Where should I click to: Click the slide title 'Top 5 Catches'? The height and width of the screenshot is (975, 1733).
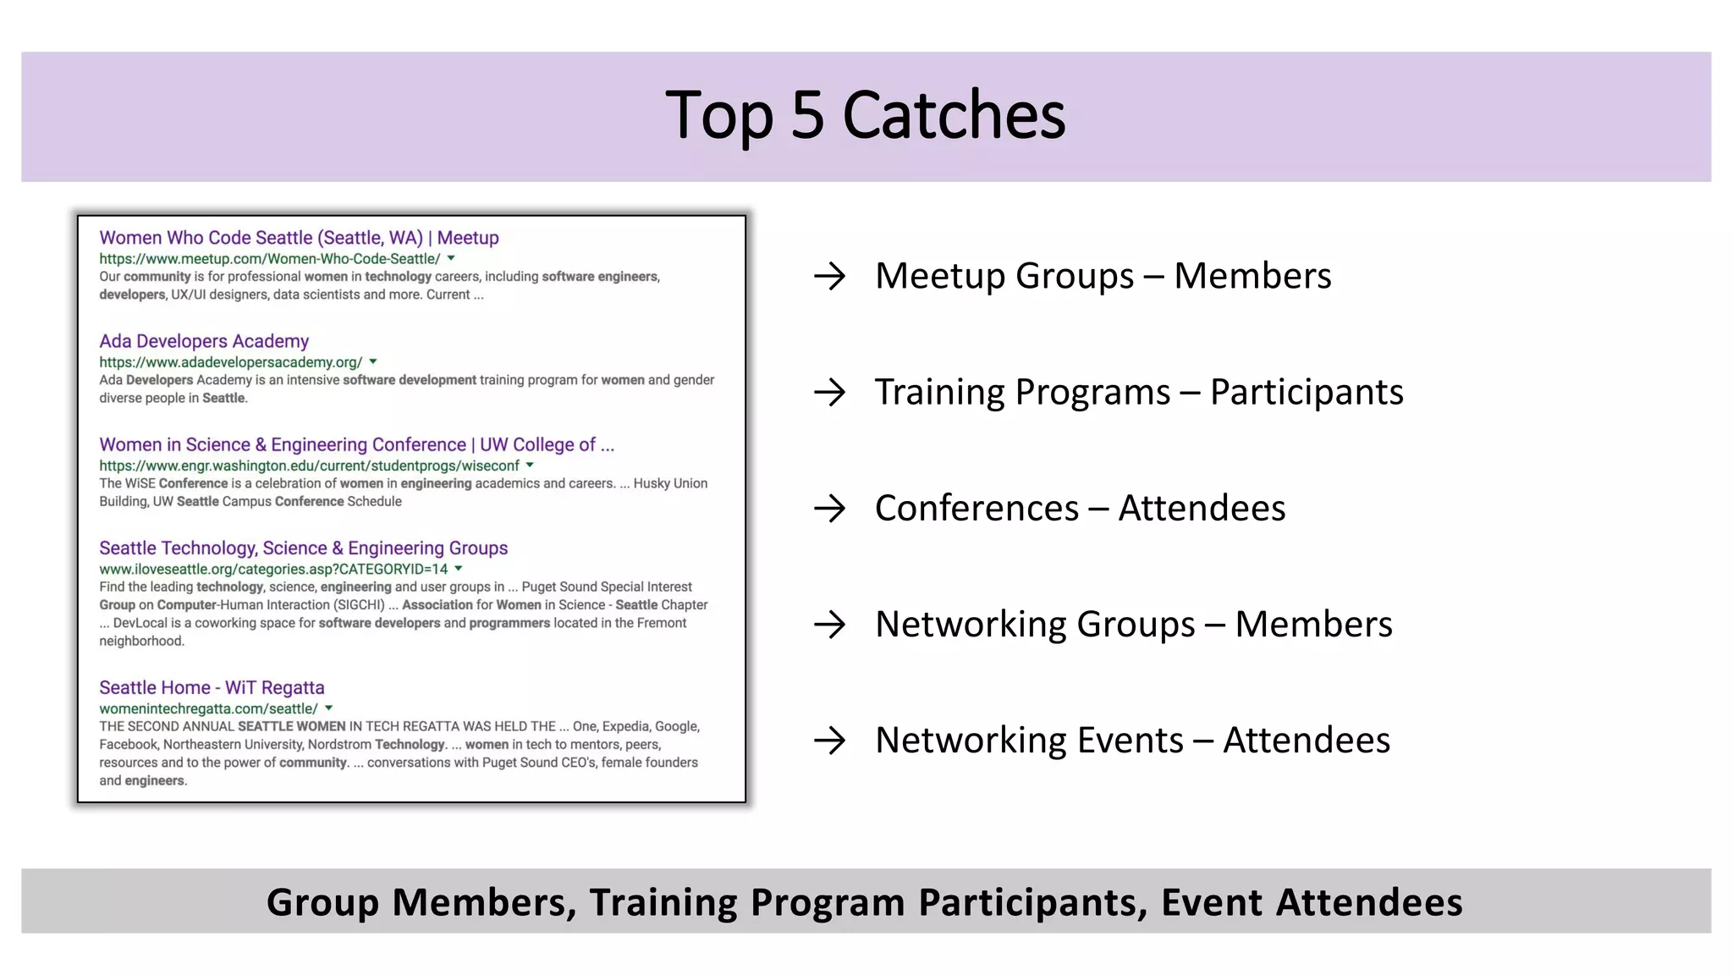[x=865, y=115]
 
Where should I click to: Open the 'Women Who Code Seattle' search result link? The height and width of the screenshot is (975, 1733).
[x=299, y=238]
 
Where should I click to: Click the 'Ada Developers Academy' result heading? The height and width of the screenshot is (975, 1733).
[x=204, y=341]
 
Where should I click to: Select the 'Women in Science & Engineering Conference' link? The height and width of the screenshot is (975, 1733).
[x=356, y=444]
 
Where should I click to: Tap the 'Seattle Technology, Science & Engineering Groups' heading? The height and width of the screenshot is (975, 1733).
[x=303, y=548]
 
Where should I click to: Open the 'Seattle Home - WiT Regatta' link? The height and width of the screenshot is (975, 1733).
[x=212, y=687]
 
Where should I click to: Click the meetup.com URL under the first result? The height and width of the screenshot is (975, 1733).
[x=269, y=259]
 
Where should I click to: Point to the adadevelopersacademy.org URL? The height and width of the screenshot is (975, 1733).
[x=230, y=362]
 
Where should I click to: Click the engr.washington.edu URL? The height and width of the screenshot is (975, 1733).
[x=309, y=465]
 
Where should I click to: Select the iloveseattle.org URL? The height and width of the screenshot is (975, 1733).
[x=273, y=569]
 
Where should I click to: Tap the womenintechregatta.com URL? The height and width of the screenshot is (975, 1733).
[x=208, y=708]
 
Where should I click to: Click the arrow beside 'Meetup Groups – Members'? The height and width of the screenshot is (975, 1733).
[x=829, y=276]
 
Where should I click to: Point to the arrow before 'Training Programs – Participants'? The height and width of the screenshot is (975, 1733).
[x=829, y=392]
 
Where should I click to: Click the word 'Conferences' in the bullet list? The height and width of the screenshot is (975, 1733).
[x=977, y=508]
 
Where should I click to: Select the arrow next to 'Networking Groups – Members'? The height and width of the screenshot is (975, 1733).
[x=829, y=625]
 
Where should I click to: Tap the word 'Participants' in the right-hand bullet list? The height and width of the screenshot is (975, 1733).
[x=1307, y=392]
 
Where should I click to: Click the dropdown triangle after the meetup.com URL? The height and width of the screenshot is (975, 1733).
[x=451, y=258]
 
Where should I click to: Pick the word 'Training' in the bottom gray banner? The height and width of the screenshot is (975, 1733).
[x=663, y=902]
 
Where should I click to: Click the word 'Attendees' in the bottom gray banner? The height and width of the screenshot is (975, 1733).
[x=1369, y=902]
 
